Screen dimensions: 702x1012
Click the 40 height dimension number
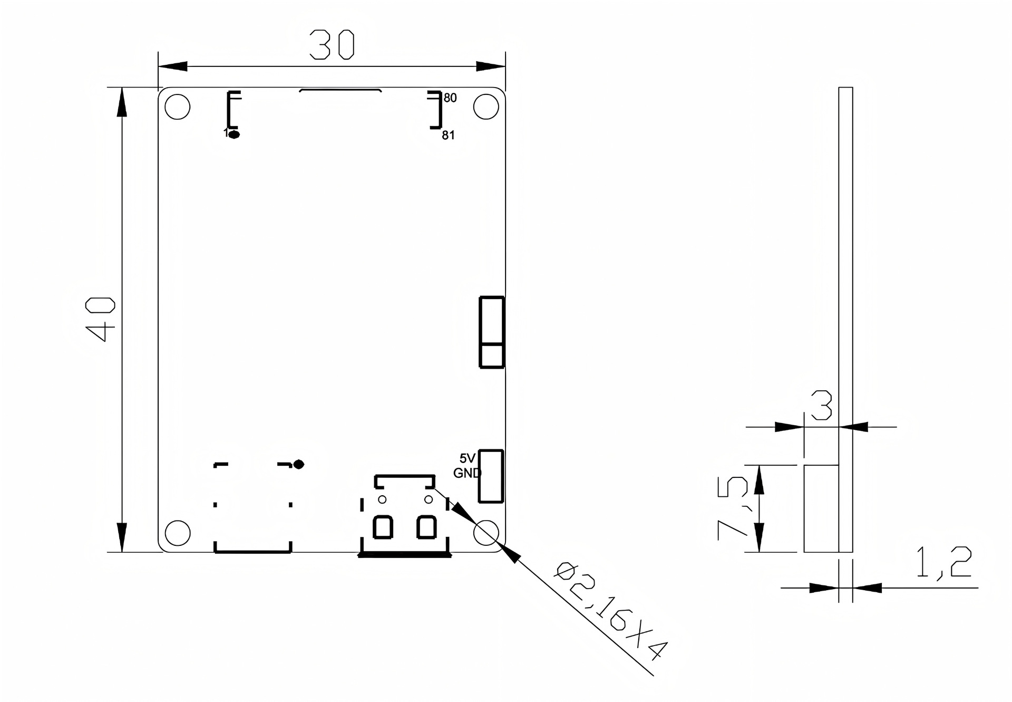tap(101, 319)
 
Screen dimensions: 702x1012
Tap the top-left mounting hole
tap(177, 107)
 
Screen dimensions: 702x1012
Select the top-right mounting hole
tap(486, 107)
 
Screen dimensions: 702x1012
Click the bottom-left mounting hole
tap(177, 533)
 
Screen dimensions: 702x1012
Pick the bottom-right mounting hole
tap(486, 533)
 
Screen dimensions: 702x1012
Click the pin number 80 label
tap(450, 98)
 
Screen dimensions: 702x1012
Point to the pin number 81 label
tap(448, 136)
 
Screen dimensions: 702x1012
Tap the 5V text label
tap(468, 458)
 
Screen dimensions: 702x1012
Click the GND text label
tap(467, 473)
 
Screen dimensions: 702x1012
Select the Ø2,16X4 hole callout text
tap(611, 612)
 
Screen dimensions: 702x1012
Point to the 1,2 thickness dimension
tap(943, 562)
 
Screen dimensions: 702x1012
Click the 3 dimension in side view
tap(821, 405)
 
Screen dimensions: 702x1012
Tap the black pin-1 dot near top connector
tap(235, 134)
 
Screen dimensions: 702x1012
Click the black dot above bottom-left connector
tap(299, 464)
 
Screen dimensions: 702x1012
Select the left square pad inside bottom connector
tap(383, 527)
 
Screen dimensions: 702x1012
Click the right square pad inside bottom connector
tap(426, 527)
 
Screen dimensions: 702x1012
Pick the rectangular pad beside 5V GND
tap(491, 476)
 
